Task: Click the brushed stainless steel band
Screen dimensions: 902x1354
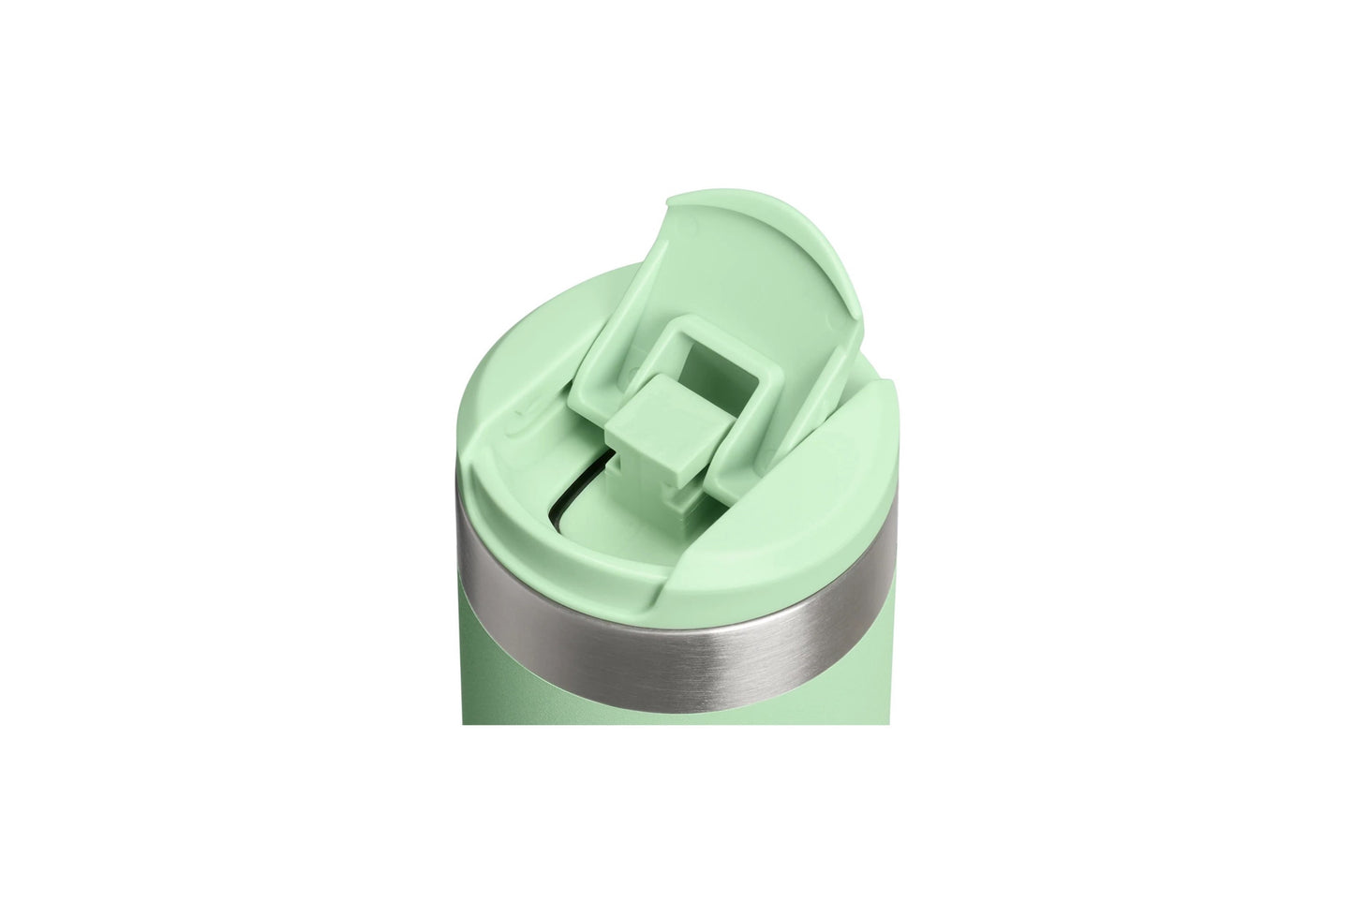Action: (675, 609)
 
